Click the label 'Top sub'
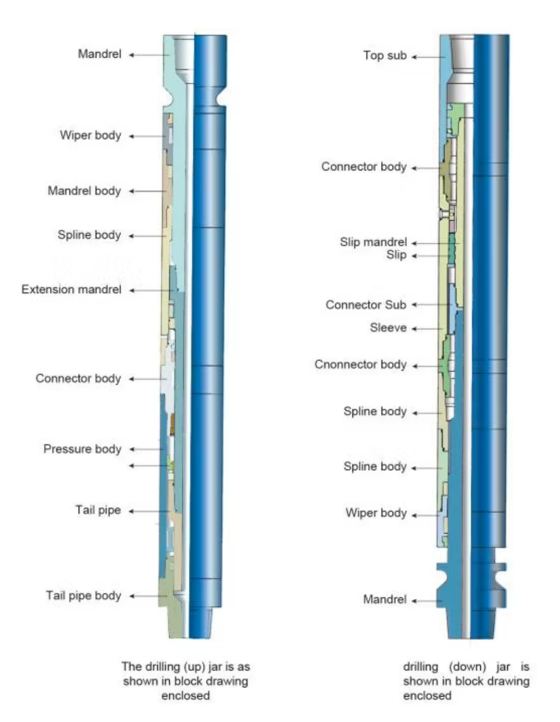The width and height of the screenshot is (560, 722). (385, 55)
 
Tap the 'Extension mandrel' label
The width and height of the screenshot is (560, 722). (71, 290)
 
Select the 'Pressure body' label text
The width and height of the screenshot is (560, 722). (82, 449)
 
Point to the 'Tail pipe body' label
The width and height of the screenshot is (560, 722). (83, 596)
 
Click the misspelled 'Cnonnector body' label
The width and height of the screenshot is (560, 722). (360, 365)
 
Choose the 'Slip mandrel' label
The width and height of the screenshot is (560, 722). (373, 242)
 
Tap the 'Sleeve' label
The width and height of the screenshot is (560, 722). (388, 328)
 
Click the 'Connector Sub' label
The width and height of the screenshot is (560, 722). (365, 305)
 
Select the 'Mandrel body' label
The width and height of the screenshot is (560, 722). (84, 191)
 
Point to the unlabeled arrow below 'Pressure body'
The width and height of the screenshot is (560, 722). (148, 466)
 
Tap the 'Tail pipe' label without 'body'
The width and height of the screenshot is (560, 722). (98, 510)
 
